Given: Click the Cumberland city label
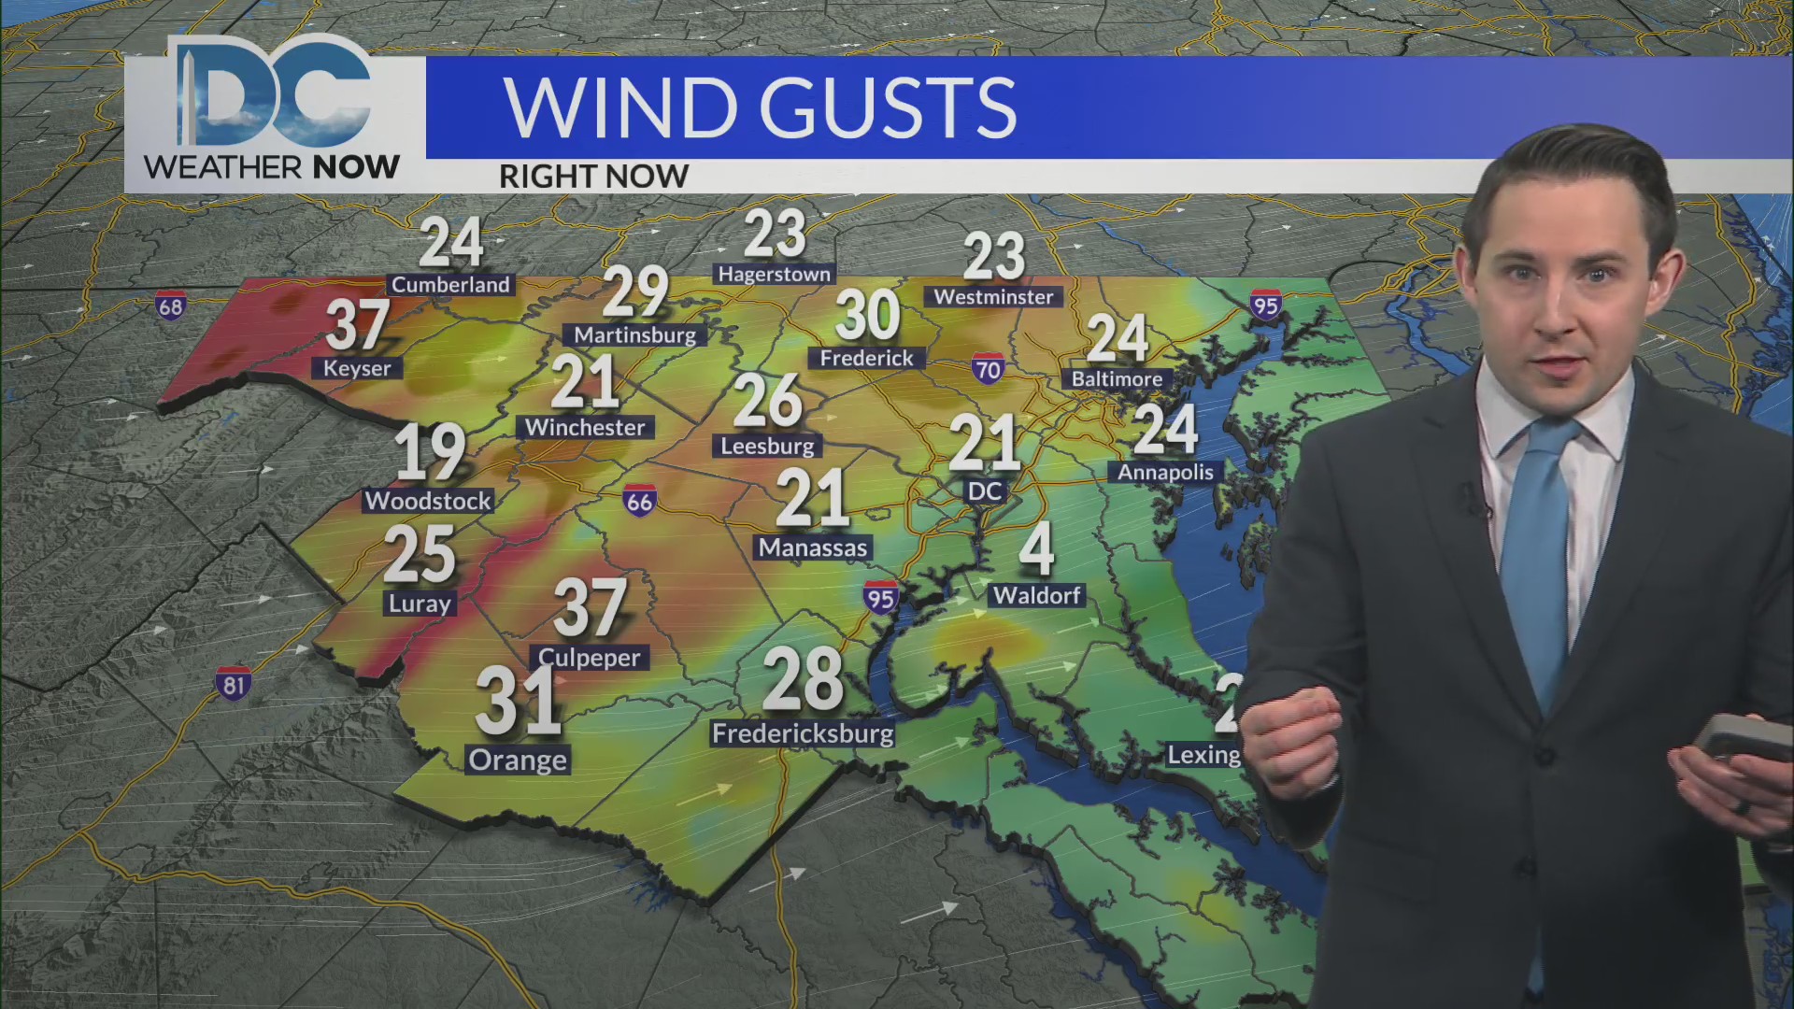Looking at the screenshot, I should [x=450, y=285].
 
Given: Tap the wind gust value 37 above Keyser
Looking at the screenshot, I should [x=357, y=324].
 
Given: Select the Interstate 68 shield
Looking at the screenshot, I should [x=171, y=306].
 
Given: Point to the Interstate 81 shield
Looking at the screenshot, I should [x=233, y=684].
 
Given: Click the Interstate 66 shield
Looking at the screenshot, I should [x=639, y=501].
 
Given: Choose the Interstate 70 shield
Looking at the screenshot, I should [x=987, y=369].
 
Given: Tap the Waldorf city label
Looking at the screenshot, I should [x=1036, y=595].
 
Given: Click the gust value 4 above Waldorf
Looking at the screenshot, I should [x=1036, y=548].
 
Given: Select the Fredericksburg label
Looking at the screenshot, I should [x=803, y=733].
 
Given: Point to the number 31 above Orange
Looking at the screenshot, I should [x=518, y=701].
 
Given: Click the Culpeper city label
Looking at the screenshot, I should [x=590, y=658].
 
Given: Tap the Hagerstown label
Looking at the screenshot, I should [x=774, y=274].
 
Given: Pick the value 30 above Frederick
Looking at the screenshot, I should [x=867, y=315].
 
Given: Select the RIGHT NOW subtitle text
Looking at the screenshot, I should [x=593, y=176].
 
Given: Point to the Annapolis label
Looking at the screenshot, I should [x=1165, y=472].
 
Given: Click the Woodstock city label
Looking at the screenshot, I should [x=428, y=501].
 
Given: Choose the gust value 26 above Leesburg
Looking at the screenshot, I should [x=767, y=400].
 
